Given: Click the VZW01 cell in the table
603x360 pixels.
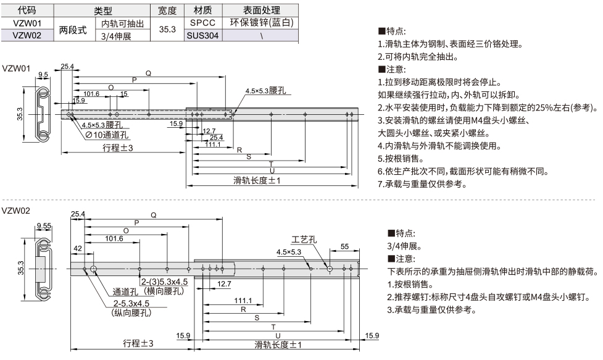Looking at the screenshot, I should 27,23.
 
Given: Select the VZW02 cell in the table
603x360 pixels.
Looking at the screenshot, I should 27,35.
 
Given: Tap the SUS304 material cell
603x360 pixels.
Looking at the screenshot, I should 202,35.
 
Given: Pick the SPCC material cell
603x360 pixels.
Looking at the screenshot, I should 202,23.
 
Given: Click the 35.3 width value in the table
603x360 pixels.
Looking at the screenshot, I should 167,29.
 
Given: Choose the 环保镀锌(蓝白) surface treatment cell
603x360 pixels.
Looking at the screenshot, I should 261,23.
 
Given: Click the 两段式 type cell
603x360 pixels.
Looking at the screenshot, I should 73,29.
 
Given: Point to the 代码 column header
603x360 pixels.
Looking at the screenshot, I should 27,10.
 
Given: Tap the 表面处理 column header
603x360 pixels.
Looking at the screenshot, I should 261,10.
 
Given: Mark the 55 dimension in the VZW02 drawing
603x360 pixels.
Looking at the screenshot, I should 344,246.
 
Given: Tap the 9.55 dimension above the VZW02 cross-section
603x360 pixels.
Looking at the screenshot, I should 43,226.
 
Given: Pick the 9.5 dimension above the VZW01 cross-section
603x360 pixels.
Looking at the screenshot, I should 43,75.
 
